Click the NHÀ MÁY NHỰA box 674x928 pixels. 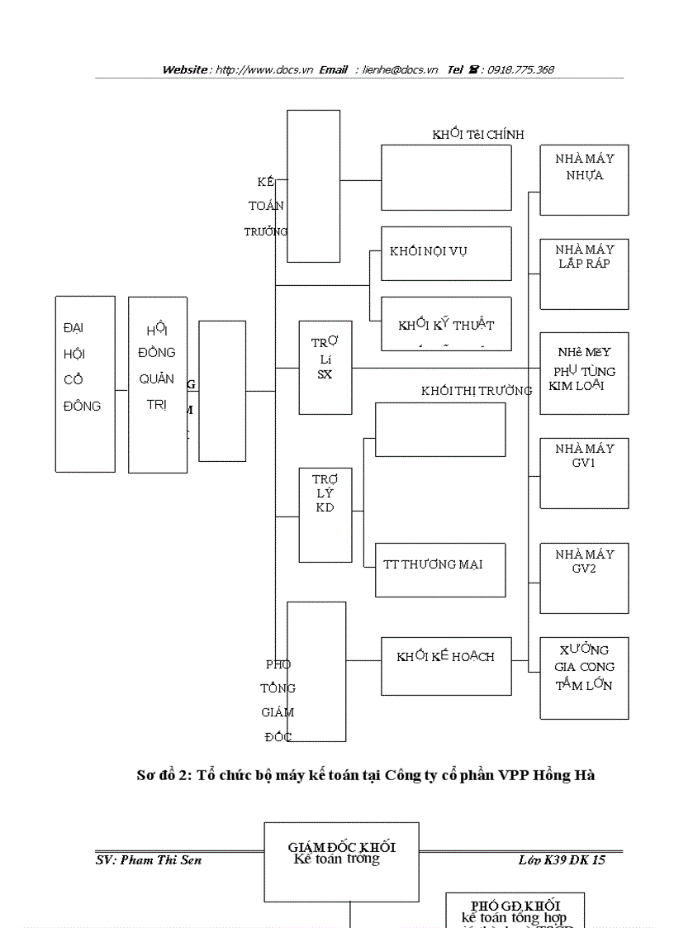584,180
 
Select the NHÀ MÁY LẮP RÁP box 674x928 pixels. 584,274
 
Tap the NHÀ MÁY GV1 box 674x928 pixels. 584,473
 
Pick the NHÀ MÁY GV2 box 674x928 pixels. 584,578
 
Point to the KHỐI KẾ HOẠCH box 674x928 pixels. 445,665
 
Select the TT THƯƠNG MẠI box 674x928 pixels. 439,569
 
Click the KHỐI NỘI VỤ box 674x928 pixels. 445,253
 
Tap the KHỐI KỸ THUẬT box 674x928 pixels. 445,324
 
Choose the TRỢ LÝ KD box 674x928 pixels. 325,514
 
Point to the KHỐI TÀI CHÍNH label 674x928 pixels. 477,135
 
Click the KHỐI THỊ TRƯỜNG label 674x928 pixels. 477,391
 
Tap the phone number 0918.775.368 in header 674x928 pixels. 520,70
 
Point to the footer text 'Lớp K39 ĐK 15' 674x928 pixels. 561,860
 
